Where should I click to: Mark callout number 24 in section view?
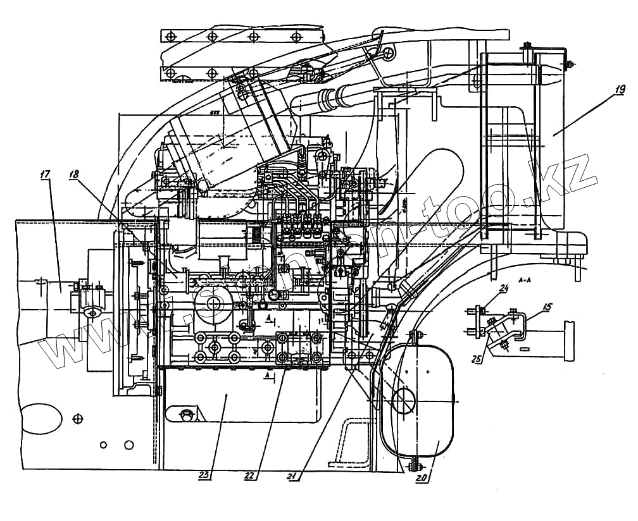pos(504,289)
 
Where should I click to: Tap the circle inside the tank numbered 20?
pos(404,400)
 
